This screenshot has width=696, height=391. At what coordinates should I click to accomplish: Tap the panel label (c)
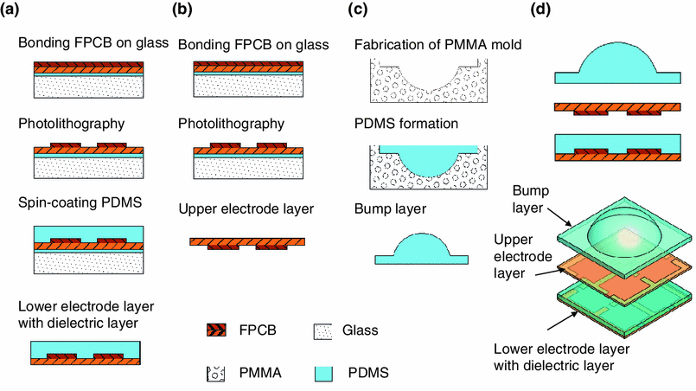[x=358, y=12]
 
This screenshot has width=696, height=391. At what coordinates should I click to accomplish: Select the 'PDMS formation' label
[x=403, y=125]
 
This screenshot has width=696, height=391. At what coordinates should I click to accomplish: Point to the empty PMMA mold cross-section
[x=420, y=81]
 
